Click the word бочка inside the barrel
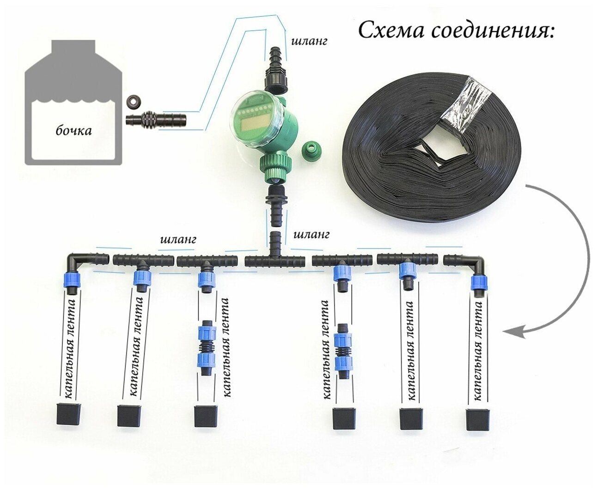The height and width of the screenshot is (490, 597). coord(73,131)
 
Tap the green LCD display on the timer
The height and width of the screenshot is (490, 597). coord(253,123)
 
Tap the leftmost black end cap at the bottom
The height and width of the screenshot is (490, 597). coord(68,414)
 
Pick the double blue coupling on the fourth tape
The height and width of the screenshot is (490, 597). coord(342,351)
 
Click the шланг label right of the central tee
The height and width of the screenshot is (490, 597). coord(311,235)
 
